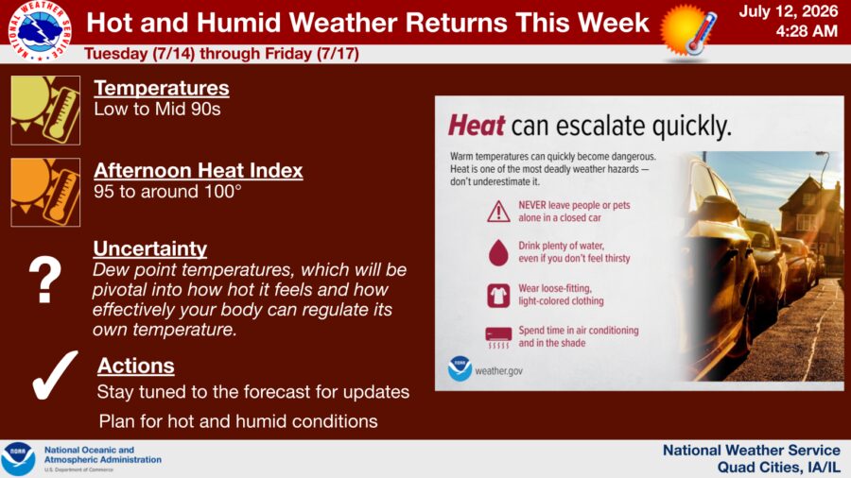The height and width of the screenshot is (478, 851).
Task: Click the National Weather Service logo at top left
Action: coord(40,31)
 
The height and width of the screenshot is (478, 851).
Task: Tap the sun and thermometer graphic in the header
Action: coord(688,31)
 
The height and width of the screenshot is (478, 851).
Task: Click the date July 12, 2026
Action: coord(788,11)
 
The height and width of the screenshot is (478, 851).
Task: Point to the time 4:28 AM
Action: coord(807,31)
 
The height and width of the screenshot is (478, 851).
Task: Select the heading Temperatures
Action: coord(161,88)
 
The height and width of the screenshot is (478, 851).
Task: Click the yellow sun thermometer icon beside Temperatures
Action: coord(45,111)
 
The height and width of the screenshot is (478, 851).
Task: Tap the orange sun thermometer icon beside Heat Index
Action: coord(45,193)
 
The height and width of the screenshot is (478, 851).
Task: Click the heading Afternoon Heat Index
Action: coord(199,170)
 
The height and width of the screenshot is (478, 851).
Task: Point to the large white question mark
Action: coord(45,279)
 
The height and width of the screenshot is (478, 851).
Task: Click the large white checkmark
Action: coord(54,376)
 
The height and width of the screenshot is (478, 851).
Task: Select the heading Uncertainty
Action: coord(149,248)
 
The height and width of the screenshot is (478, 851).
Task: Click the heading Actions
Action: coord(135,366)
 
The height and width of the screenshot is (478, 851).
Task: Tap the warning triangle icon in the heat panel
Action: coord(498,212)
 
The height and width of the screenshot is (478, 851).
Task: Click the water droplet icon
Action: coord(498,252)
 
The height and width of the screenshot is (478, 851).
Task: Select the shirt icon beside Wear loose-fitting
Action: coord(498,296)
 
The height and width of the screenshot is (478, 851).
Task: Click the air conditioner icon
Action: coord(498,337)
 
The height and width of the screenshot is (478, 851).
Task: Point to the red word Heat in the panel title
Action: coord(477,126)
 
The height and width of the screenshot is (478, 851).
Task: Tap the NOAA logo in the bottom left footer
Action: coord(18,459)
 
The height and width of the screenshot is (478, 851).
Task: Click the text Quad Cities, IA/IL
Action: coord(778,468)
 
